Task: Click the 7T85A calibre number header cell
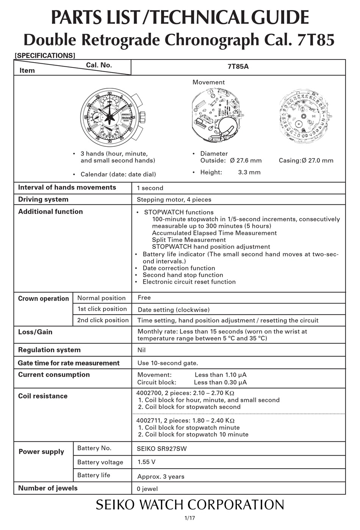[x=238, y=67]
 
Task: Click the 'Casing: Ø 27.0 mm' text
[x=306, y=160]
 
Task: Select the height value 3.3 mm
[x=249, y=172]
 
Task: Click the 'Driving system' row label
[x=43, y=199]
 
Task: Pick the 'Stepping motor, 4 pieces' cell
[x=174, y=199]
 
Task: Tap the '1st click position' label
[x=102, y=309]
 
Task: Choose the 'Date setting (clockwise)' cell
[x=174, y=310]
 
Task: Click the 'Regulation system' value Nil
[x=141, y=350]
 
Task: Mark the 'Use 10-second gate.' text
[x=167, y=363]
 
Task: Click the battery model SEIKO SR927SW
[x=162, y=449]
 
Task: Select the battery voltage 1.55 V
[x=146, y=462]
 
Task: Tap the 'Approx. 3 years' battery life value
[x=161, y=477]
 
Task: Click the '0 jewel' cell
[x=147, y=489]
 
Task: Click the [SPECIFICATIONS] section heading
[x=45, y=55]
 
